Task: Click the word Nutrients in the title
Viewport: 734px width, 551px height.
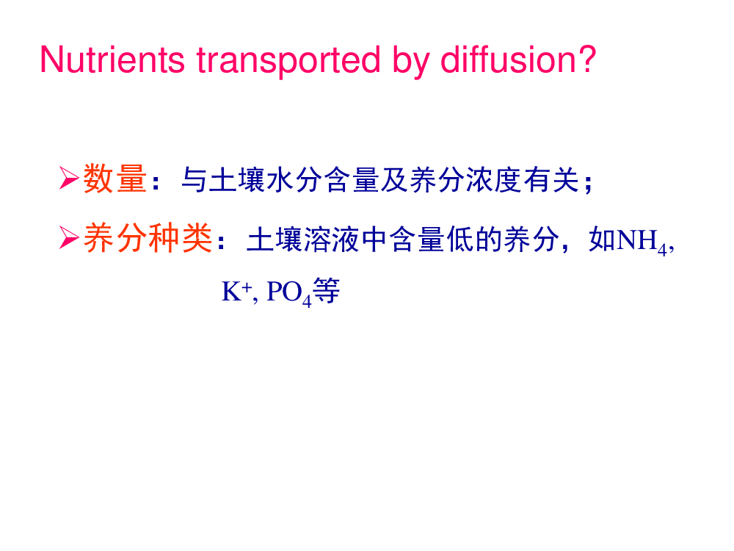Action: click(x=112, y=60)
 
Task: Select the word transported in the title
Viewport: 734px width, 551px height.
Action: click(x=288, y=61)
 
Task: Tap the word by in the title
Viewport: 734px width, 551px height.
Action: click(x=412, y=61)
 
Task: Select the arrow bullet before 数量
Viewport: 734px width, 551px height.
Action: click(x=69, y=178)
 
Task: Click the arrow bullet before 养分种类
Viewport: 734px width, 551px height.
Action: click(x=69, y=237)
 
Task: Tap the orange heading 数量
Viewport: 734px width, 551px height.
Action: click(x=115, y=179)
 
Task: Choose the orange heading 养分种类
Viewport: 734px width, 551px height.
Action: click(x=148, y=238)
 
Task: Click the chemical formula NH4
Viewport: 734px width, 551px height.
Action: click(x=642, y=241)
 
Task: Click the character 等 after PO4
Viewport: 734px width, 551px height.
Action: click(x=327, y=290)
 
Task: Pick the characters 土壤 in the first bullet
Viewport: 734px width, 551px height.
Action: click(x=237, y=179)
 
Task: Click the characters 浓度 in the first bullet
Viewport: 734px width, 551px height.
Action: click(x=493, y=179)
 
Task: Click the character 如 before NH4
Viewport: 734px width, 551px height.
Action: click(x=603, y=240)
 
